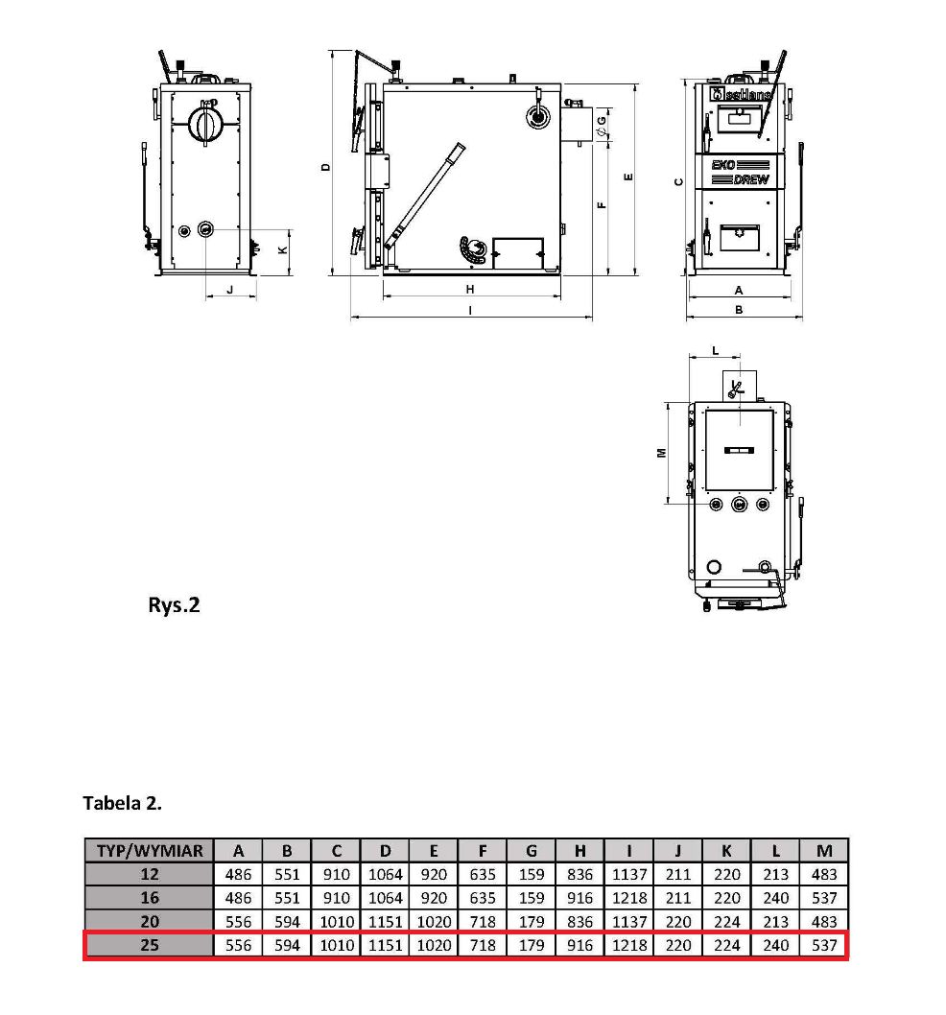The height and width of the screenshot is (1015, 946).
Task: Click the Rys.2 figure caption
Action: pyautogui.click(x=174, y=605)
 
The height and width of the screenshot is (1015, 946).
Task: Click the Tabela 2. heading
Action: pyautogui.click(x=122, y=803)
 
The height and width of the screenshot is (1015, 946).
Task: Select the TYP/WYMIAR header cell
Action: pyautogui.click(x=150, y=851)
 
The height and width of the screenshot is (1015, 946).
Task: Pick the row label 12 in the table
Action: pyautogui.click(x=150, y=875)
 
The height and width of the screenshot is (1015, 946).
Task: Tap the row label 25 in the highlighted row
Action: pyautogui.click(x=150, y=945)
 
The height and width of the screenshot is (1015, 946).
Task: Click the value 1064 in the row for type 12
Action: pyautogui.click(x=386, y=875)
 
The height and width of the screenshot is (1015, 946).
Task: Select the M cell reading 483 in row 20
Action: pyautogui.click(x=824, y=922)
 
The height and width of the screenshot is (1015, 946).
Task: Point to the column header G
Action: pyautogui.click(x=531, y=851)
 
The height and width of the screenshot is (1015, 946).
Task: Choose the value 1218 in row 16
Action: pyautogui.click(x=628, y=898)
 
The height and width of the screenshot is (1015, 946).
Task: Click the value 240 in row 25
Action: pyautogui.click(x=776, y=945)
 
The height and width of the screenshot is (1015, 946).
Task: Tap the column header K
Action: pyautogui.click(x=726, y=851)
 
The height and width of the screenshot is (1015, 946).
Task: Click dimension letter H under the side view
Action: pyautogui.click(x=470, y=290)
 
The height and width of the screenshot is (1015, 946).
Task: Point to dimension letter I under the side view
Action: pyautogui.click(x=470, y=311)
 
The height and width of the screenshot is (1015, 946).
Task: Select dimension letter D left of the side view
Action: pyautogui.click(x=325, y=167)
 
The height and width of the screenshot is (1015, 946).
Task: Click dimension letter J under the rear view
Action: pyautogui.click(x=230, y=290)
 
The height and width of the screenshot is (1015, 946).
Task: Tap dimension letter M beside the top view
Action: pyautogui.click(x=662, y=453)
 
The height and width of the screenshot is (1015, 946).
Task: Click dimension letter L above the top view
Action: pyautogui.click(x=716, y=351)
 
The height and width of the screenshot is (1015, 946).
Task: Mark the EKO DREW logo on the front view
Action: pyautogui.click(x=740, y=172)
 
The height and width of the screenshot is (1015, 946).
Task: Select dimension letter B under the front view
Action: pyautogui.click(x=739, y=310)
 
